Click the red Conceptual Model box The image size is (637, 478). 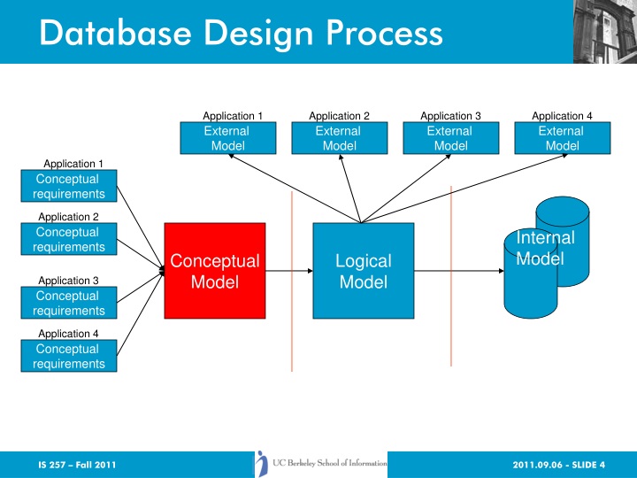click(215, 270)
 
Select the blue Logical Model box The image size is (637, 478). click(364, 270)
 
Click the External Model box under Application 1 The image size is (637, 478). click(226, 138)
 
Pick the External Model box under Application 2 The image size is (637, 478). click(338, 138)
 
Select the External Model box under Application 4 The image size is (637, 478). click(561, 138)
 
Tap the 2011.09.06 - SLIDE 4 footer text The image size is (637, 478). click(558, 465)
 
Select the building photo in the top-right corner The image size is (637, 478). click(602, 31)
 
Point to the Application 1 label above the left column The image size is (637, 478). click(74, 164)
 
